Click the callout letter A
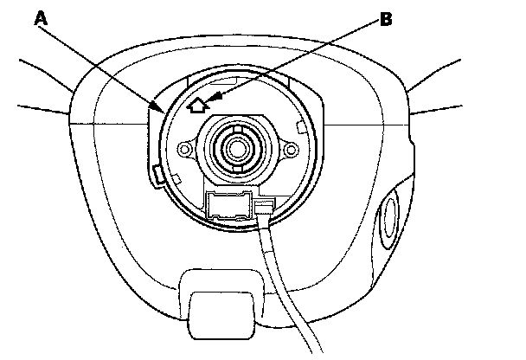pos(40,18)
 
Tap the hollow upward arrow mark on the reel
pos(197,105)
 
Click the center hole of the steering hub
pos(235,146)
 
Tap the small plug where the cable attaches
pos(266,207)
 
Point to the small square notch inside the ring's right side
pos(300,127)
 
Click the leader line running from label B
pos(303,57)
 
